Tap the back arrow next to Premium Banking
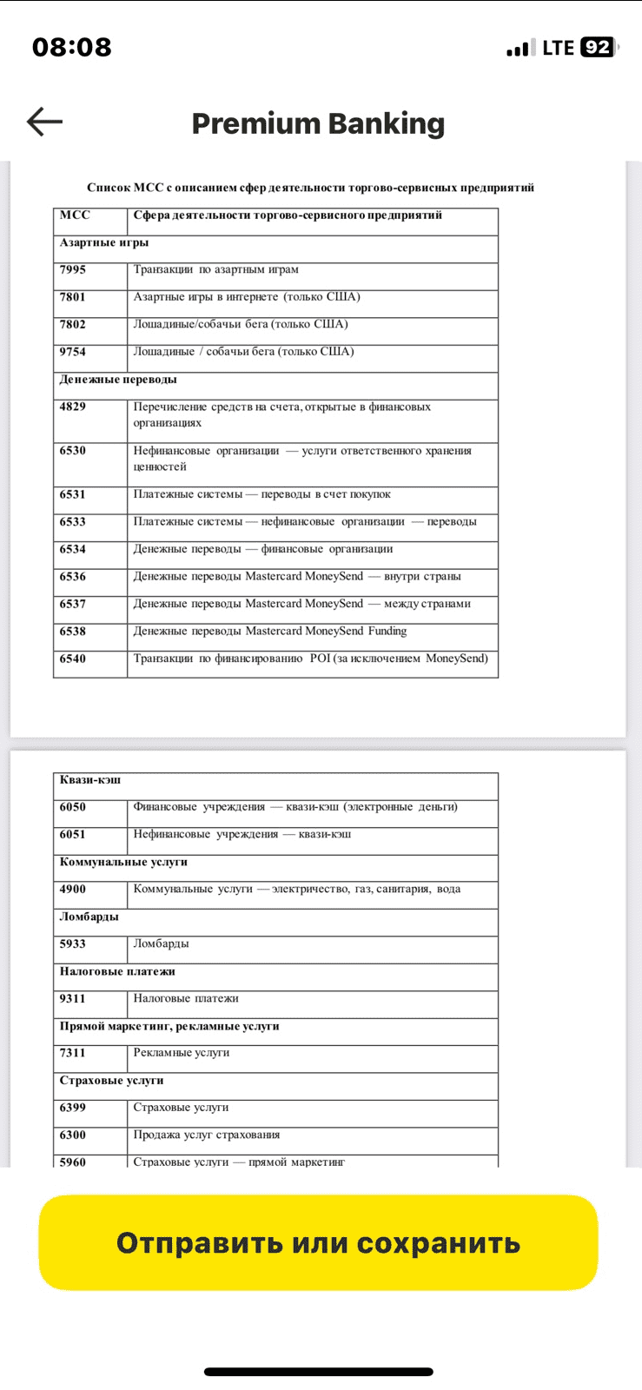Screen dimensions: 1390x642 coord(45,122)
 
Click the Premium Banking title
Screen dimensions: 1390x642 coord(318,123)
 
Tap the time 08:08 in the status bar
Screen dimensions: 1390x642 coord(72,47)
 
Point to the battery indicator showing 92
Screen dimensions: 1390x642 coord(598,48)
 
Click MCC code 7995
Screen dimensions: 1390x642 coord(73,270)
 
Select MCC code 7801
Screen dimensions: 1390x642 coord(73,297)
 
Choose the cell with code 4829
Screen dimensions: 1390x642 coord(73,407)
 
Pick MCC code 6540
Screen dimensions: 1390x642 coord(73,659)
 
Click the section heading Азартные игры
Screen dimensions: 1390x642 coord(104,242)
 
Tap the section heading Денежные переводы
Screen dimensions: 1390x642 coord(118,380)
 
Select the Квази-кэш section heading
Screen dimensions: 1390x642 coord(90,780)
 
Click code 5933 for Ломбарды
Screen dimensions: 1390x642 coord(73,943)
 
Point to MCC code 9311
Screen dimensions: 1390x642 coord(73,998)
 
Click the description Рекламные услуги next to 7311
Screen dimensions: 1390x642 coord(182,1053)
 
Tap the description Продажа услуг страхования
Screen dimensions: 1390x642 coord(207,1135)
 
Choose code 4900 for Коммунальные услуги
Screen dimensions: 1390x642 coord(73,889)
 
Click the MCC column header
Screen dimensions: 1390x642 coord(75,215)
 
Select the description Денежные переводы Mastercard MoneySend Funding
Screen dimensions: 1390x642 coord(270,632)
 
